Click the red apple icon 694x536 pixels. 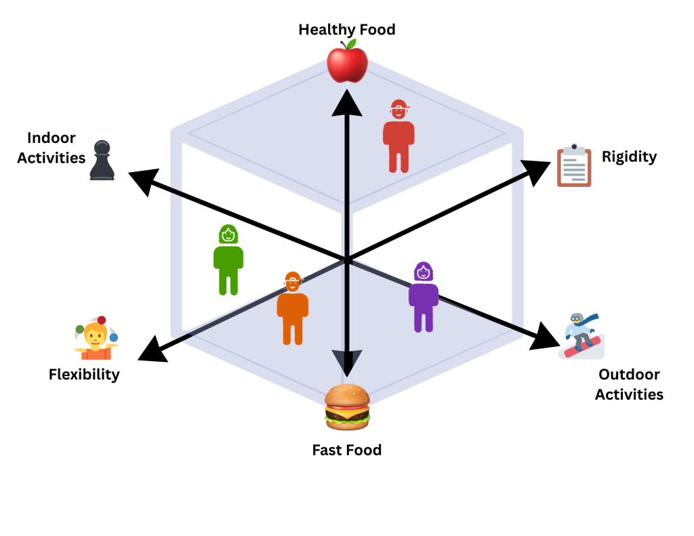pos(347,61)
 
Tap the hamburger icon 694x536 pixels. pos(347,407)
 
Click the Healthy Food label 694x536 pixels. pos(347,30)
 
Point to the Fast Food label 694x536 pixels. pos(347,449)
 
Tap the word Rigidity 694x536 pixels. pos(630,157)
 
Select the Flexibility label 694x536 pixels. pos(84,374)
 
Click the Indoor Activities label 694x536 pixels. pos(52,148)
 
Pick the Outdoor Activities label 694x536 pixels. pos(629,384)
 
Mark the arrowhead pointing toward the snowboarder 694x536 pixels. pos(546,336)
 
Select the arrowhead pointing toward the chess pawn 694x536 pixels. pos(144,181)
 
